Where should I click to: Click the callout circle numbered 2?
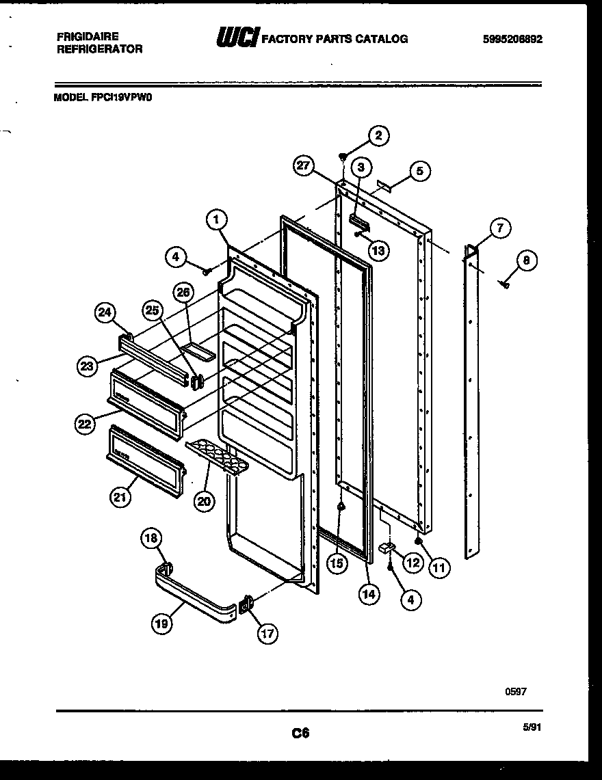click(378, 135)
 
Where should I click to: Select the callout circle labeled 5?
click(420, 170)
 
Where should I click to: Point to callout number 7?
click(500, 228)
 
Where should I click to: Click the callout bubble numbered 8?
click(526, 260)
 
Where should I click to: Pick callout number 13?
click(378, 250)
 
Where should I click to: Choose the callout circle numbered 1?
click(215, 219)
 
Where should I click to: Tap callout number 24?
click(105, 312)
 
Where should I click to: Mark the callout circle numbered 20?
click(203, 501)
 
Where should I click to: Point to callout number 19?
click(163, 623)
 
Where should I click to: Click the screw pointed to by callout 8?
click(505, 284)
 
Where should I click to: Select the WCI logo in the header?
click(237, 38)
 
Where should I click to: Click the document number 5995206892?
click(512, 39)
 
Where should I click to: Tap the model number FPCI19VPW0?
click(103, 97)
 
